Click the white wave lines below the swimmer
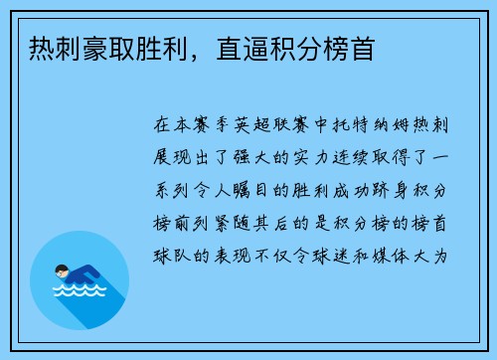(x=79, y=294)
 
